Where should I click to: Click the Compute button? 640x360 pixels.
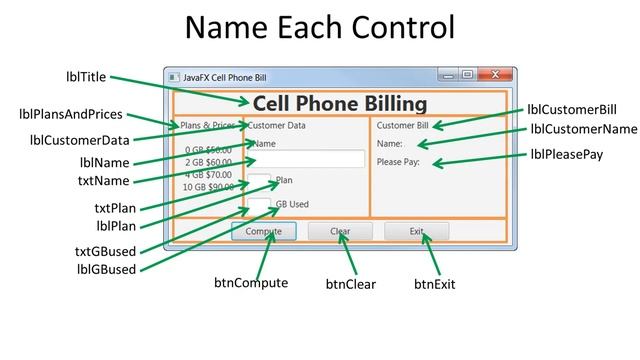click(x=264, y=231)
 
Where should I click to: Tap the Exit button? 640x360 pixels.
click(x=416, y=231)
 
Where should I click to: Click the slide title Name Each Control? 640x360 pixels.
click(x=320, y=28)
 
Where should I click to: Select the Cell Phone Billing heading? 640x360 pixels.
click(x=339, y=103)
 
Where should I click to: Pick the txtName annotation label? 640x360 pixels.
click(x=104, y=181)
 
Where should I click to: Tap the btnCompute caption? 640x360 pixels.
click(x=250, y=283)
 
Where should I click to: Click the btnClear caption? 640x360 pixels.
click(x=350, y=284)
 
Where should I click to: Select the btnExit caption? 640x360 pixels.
click(x=434, y=284)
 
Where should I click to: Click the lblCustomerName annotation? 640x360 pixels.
click(x=583, y=129)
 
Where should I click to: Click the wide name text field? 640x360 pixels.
click(x=305, y=159)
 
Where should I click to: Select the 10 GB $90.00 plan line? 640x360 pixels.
click(x=208, y=187)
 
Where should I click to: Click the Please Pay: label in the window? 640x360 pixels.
click(x=398, y=161)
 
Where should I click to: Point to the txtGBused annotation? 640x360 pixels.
click(x=106, y=251)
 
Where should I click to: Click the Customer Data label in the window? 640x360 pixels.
click(x=276, y=126)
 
